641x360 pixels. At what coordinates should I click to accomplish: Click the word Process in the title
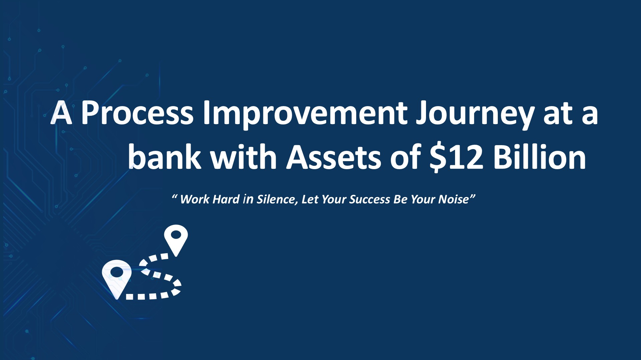(138, 113)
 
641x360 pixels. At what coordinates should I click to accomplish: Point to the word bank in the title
(165, 156)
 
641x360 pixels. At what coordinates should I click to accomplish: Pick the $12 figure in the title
(456, 157)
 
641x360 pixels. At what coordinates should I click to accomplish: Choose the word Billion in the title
(540, 156)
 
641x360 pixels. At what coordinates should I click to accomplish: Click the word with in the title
(244, 156)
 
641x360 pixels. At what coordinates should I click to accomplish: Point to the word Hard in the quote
(226, 199)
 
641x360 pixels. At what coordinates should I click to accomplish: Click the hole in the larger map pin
(117, 273)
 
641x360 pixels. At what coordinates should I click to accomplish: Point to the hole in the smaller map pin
(176, 235)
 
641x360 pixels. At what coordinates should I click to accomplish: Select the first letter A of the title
(61, 113)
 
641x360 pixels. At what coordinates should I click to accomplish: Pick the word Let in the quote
(309, 199)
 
